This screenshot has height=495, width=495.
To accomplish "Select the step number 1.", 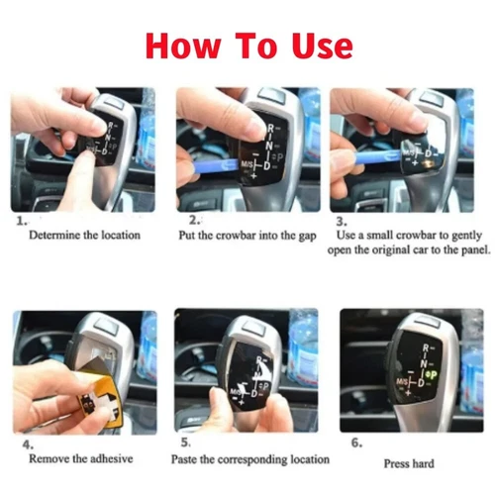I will click(x=21, y=222).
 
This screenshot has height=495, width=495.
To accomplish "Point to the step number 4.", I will click(x=21, y=444).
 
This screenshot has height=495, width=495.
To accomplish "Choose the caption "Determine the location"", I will click(x=84, y=236).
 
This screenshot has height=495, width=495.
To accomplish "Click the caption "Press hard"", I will click(x=410, y=462).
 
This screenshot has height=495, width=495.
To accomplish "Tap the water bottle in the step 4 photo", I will click(x=148, y=346).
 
